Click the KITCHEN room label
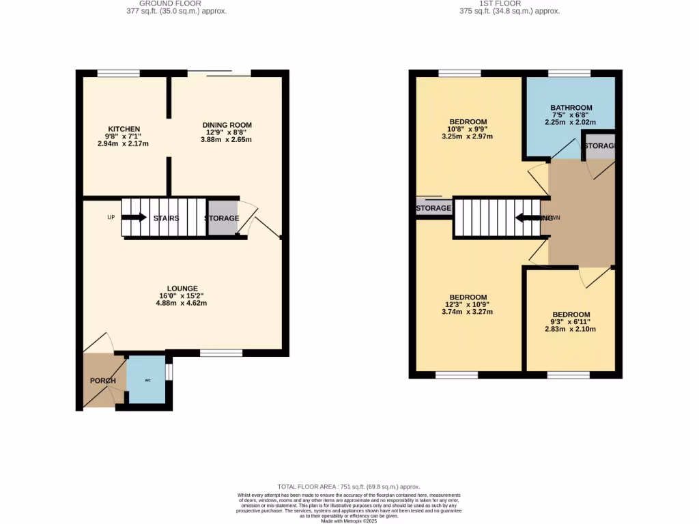coord(124,129)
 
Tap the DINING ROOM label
coord(227,125)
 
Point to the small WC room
coord(147,381)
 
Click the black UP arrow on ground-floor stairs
coord(134,218)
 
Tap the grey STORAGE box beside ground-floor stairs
coord(223,218)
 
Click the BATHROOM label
coord(571,108)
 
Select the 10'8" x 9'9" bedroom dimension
coord(468,129)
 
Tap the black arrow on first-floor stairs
coord(528,218)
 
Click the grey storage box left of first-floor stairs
coord(433,208)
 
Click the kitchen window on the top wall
coord(119,73)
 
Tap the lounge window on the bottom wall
coord(221,353)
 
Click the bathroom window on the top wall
coord(569,73)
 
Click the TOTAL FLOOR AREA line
coord(349,486)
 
